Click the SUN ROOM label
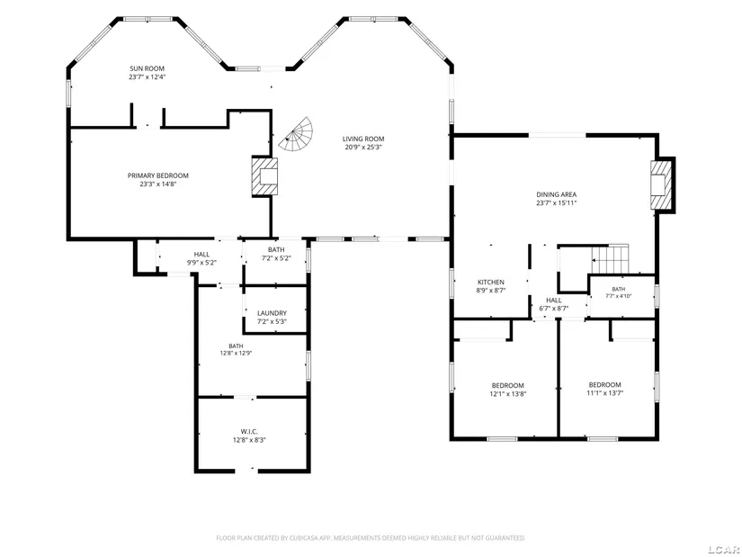point(148,68)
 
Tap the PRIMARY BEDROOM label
point(158,175)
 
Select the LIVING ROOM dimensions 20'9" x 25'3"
point(363,148)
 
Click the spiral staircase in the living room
point(296,134)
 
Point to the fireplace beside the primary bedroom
point(264,176)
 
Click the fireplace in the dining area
point(662,184)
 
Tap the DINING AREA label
point(557,194)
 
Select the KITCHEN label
point(491,283)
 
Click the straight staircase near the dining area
point(610,259)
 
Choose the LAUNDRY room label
point(273,313)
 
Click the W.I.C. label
point(249,432)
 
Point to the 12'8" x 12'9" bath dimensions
point(236,353)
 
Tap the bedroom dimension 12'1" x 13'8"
point(508,393)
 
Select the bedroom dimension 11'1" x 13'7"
point(604,392)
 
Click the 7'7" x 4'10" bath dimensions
point(619,296)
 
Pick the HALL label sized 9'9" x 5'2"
point(201,255)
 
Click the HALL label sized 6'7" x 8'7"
point(554,301)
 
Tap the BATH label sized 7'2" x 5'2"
point(276,249)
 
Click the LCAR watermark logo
point(725,550)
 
